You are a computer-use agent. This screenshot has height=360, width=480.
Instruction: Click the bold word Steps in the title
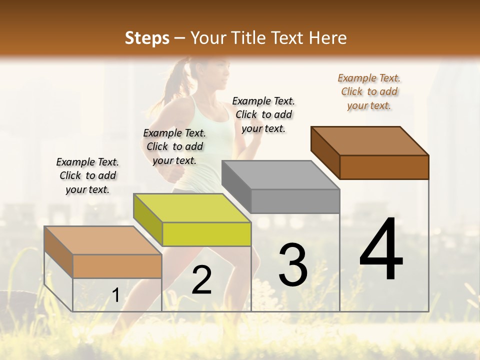pyautogui.click(x=147, y=38)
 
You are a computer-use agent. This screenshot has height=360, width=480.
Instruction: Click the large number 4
pyautogui.click(x=381, y=250)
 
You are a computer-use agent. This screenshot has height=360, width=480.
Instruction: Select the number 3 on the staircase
pyautogui.click(x=293, y=265)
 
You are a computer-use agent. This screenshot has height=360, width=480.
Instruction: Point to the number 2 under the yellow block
pyautogui.click(x=201, y=280)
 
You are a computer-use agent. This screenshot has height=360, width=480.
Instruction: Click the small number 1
pyautogui.click(x=115, y=295)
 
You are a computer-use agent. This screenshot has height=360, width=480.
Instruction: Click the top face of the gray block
pyautogui.click(x=280, y=175)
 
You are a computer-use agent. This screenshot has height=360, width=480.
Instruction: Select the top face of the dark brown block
pyautogui.click(x=370, y=141)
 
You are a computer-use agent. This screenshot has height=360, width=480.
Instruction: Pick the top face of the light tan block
pyautogui.click(x=103, y=240)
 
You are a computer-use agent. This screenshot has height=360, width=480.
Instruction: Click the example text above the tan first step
pyautogui.click(x=87, y=175)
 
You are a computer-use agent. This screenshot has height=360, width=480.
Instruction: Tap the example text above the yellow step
pyautogui.click(x=174, y=146)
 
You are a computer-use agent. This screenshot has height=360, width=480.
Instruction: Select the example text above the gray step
pyautogui.click(x=263, y=114)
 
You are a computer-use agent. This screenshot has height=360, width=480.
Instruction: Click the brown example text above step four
pyautogui.click(x=369, y=91)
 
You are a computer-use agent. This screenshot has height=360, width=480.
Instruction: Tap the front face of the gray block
pyautogui.click(x=295, y=201)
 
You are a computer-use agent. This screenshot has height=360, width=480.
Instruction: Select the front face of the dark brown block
pyautogui.click(x=384, y=167)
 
